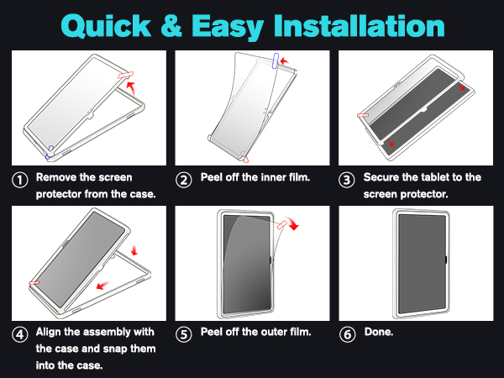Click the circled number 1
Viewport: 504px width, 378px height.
coord(18,179)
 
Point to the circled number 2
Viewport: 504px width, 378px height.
coord(183,179)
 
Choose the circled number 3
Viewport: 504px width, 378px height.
coord(347,179)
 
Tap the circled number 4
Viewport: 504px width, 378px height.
coord(18,333)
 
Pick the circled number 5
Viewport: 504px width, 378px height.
coord(183,333)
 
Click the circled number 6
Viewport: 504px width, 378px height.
coord(347,333)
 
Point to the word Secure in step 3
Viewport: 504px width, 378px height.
coord(383,178)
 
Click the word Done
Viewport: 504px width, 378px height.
coord(379,332)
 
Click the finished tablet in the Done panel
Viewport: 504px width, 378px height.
coord(419,264)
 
